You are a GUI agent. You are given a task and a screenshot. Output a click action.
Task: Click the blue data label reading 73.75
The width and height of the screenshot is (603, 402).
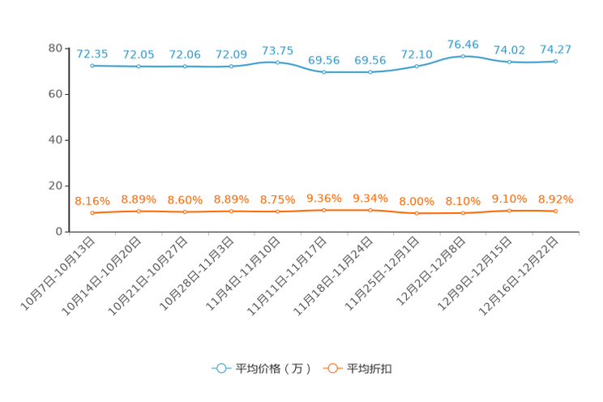coord(278,50)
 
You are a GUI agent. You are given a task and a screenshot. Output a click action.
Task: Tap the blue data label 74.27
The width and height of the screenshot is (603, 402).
coord(555,49)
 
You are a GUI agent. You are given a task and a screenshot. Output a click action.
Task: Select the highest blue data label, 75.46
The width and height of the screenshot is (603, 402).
coord(463,44)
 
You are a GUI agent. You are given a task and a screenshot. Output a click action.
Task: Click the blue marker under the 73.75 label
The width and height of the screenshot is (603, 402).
coord(278,62)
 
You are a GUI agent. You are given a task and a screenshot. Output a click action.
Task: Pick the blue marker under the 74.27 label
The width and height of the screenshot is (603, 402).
coord(555,61)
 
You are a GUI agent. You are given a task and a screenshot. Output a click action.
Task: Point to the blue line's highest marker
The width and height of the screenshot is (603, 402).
coord(463,56)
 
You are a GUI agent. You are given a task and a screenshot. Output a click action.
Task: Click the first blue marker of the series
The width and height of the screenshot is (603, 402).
coord(92,66)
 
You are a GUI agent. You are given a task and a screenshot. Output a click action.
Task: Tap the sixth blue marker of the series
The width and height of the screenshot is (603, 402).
coord(324,72)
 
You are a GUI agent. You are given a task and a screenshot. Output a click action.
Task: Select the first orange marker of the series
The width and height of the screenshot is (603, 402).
coord(92,213)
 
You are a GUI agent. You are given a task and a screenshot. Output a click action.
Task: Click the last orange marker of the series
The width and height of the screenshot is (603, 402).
coord(555,212)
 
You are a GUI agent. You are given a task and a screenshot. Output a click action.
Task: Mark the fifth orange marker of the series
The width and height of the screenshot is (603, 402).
coord(278,212)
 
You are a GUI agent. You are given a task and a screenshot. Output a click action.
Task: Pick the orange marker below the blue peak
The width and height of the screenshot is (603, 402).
coord(463,213)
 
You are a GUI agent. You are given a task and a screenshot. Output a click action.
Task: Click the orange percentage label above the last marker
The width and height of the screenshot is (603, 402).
coord(555,199)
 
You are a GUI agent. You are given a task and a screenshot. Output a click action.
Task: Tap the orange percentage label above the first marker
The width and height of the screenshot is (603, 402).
coord(92,201)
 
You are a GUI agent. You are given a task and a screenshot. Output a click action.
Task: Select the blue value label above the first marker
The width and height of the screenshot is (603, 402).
coord(92,54)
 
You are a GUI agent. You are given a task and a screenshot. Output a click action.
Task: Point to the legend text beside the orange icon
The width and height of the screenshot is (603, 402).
coord(370,369)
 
